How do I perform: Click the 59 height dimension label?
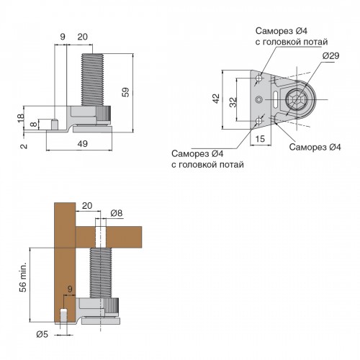pyautogui.click(x=126, y=92)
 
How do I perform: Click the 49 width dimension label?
pyautogui.click(x=82, y=144)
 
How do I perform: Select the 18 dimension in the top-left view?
pyautogui.click(x=21, y=117)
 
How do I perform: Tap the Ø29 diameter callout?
pyautogui.click(x=330, y=56)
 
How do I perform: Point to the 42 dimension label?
pyautogui.click(x=216, y=99)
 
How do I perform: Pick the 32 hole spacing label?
pyautogui.click(x=233, y=102)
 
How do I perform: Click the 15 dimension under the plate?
pyautogui.click(x=260, y=139)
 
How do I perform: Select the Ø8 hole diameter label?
pyautogui.click(x=117, y=213)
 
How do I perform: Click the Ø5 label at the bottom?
pyautogui.click(x=42, y=334)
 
